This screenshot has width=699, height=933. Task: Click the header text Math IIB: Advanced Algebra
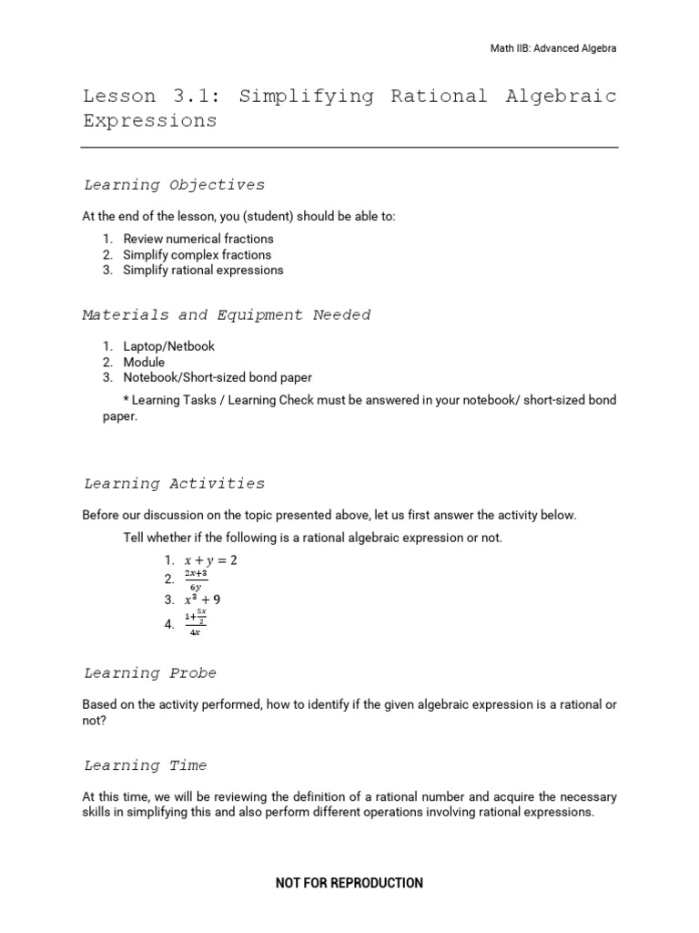coord(553,48)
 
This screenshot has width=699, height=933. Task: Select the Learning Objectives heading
coord(174,185)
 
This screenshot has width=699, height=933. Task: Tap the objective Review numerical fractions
coord(198,239)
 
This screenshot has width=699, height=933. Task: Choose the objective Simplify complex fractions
coord(197,254)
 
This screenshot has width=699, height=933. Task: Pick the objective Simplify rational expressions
coord(203,270)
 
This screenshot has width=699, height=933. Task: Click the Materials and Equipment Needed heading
coord(227,315)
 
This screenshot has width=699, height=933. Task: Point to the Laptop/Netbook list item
coord(169,346)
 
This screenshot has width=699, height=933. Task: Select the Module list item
coord(144,362)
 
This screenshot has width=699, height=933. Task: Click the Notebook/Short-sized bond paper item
coord(218,377)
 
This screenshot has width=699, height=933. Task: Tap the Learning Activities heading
coord(174,484)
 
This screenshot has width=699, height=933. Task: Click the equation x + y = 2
coord(210,560)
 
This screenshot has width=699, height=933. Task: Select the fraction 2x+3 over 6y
coord(196,580)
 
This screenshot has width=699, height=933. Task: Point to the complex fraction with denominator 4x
coord(196,623)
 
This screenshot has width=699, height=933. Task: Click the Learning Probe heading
coord(150,673)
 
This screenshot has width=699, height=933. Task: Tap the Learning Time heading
coord(146,765)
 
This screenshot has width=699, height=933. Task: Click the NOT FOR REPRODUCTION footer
coord(349,883)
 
